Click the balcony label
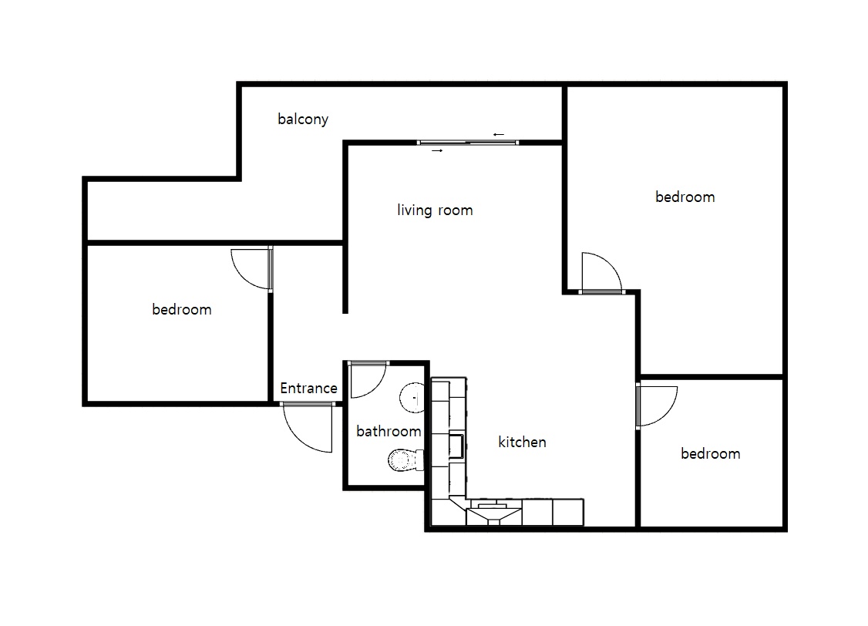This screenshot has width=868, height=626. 303,119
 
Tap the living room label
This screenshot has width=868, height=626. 435,210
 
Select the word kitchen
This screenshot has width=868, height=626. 522,442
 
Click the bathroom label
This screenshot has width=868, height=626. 389,431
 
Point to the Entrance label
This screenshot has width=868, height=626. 308,388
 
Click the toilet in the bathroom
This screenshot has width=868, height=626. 405,460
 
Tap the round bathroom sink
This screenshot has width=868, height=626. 412,397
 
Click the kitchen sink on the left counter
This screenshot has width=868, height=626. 456,446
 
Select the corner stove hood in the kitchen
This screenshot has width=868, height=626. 494,513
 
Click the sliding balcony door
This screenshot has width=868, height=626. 468,143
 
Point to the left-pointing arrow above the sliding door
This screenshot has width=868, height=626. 499,134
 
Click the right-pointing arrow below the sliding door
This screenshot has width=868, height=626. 437,150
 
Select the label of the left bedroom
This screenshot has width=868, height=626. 182,309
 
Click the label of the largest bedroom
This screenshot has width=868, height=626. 685,197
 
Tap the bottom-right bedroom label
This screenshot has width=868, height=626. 710,453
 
